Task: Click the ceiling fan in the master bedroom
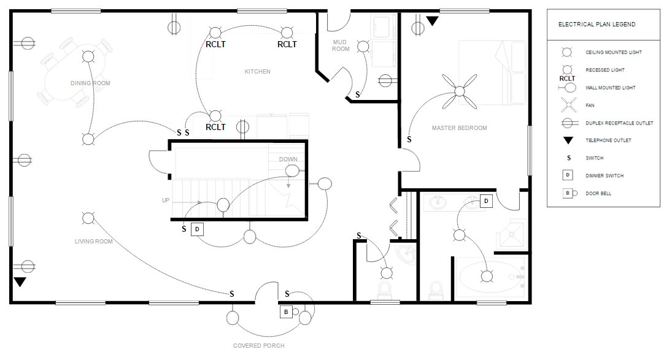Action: tap(460, 91)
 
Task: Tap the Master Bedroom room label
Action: tap(460, 128)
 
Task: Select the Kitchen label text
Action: tap(258, 72)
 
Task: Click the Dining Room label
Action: tap(90, 83)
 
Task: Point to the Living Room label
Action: tap(94, 242)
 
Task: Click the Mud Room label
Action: tap(340, 45)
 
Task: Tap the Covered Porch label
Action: tap(259, 345)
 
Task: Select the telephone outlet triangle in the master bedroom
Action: tap(432, 21)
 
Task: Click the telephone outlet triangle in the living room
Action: tap(20, 281)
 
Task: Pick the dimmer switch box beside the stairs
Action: tap(197, 229)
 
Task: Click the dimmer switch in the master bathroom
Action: tap(486, 201)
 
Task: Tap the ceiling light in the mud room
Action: tap(363, 46)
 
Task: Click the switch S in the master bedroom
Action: tap(409, 140)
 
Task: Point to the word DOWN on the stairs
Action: tap(288, 159)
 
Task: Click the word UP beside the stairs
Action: tap(166, 201)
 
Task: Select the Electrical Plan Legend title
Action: tap(597, 25)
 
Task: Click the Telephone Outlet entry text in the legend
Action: tap(608, 140)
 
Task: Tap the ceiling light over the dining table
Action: tap(88, 56)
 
